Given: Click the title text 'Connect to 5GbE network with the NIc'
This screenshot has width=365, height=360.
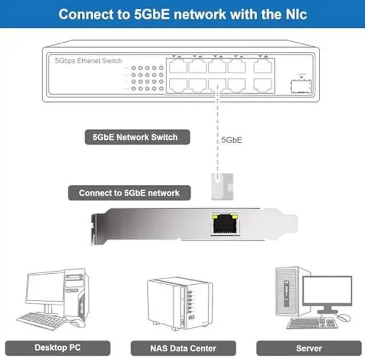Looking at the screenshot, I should click(182, 14).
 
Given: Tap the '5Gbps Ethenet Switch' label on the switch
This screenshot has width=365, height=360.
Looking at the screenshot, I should click(88, 60).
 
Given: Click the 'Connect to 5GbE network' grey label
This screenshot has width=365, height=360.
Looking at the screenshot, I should click(129, 193).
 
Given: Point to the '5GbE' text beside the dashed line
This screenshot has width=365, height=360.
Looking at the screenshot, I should click(232, 139).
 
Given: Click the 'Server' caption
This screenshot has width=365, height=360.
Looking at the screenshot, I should click(309, 347).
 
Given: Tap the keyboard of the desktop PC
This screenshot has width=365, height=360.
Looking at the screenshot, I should click(42, 319).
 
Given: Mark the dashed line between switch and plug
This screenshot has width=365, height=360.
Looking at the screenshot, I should click(216, 131).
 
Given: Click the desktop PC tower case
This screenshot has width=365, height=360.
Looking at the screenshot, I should click(75, 294).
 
